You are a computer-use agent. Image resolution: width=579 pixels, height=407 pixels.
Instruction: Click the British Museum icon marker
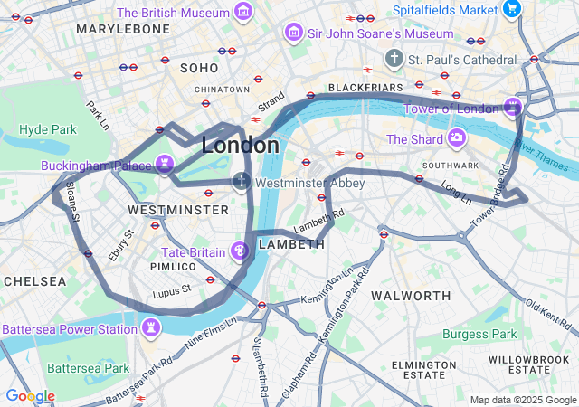(x=242, y=12)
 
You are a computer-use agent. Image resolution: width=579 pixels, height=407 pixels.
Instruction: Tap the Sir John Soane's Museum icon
(x=293, y=33)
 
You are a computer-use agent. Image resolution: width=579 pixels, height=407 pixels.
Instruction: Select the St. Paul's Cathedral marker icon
(x=394, y=59)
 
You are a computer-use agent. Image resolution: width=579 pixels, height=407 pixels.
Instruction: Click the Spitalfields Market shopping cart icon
(x=512, y=9)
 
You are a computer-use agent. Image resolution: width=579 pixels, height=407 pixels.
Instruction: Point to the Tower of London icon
(x=514, y=107)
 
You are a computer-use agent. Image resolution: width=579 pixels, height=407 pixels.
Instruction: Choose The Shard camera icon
(x=457, y=138)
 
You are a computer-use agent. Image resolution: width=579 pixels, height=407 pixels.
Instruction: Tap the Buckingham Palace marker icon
(x=164, y=164)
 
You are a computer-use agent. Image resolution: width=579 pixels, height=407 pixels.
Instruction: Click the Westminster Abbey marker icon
(x=242, y=182)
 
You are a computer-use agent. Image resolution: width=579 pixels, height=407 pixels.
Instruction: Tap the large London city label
(x=240, y=145)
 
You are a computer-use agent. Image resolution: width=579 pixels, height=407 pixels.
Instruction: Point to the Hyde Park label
(x=48, y=129)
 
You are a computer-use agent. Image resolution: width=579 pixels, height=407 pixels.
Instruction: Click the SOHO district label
(x=199, y=68)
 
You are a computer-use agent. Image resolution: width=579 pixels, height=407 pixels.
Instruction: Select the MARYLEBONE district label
(x=123, y=29)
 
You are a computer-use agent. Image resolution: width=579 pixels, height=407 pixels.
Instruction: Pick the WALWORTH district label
(x=411, y=296)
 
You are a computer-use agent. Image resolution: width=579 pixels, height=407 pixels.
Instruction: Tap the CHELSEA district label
(x=34, y=281)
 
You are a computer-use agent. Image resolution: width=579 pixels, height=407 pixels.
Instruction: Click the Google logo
(x=30, y=396)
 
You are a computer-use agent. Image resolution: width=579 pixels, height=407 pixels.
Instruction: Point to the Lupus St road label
(x=172, y=290)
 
